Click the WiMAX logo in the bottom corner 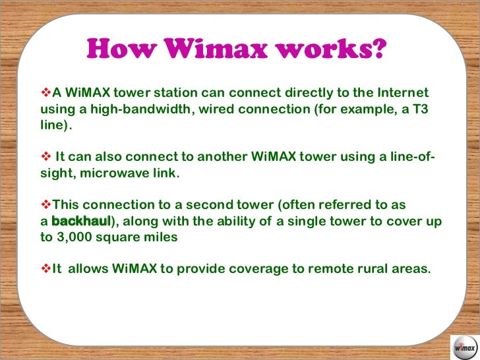(x=464, y=345)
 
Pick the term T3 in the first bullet (x=419, y=108)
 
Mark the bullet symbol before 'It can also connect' (x=46, y=156)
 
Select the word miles (x=161, y=237)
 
